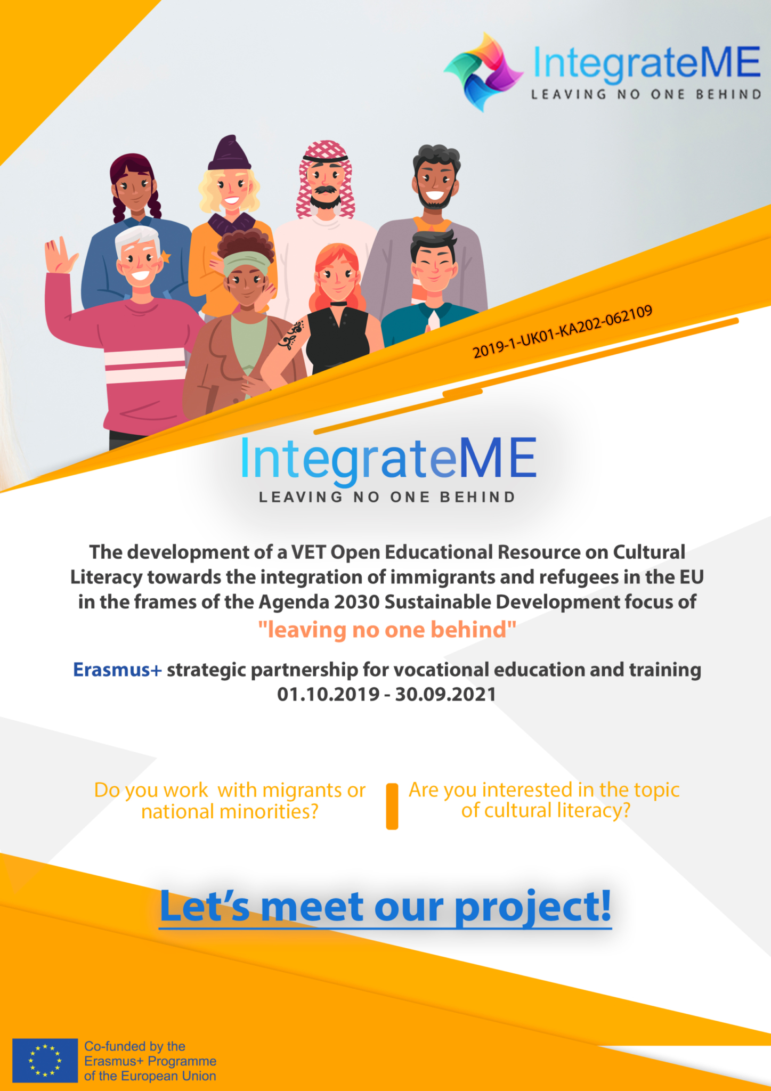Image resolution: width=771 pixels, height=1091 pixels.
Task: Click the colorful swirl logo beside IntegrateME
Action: click(x=483, y=72)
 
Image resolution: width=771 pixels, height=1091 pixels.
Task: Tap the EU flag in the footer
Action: click(x=45, y=1060)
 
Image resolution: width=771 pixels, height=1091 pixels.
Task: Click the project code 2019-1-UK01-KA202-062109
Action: click(x=563, y=331)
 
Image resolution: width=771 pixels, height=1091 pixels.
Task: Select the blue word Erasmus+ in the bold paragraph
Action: click(x=117, y=670)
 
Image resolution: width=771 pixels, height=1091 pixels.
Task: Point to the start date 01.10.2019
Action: click(x=328, y=694)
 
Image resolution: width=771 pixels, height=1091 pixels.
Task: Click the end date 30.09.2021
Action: click(x=445, y=694)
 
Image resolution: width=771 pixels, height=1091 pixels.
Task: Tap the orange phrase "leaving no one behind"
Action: click(x=387, y=630)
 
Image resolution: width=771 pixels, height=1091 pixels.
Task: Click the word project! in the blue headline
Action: click(x=533, y=907)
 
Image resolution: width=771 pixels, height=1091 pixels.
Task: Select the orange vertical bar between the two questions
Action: click(x=392, y=806)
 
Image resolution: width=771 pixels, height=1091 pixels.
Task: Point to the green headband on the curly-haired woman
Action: click(x=247, y=263)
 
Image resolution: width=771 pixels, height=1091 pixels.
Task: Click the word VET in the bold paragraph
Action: click(x=309, y=552)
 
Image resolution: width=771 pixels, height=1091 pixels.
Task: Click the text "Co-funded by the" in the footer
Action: click(x=135, y=1046)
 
